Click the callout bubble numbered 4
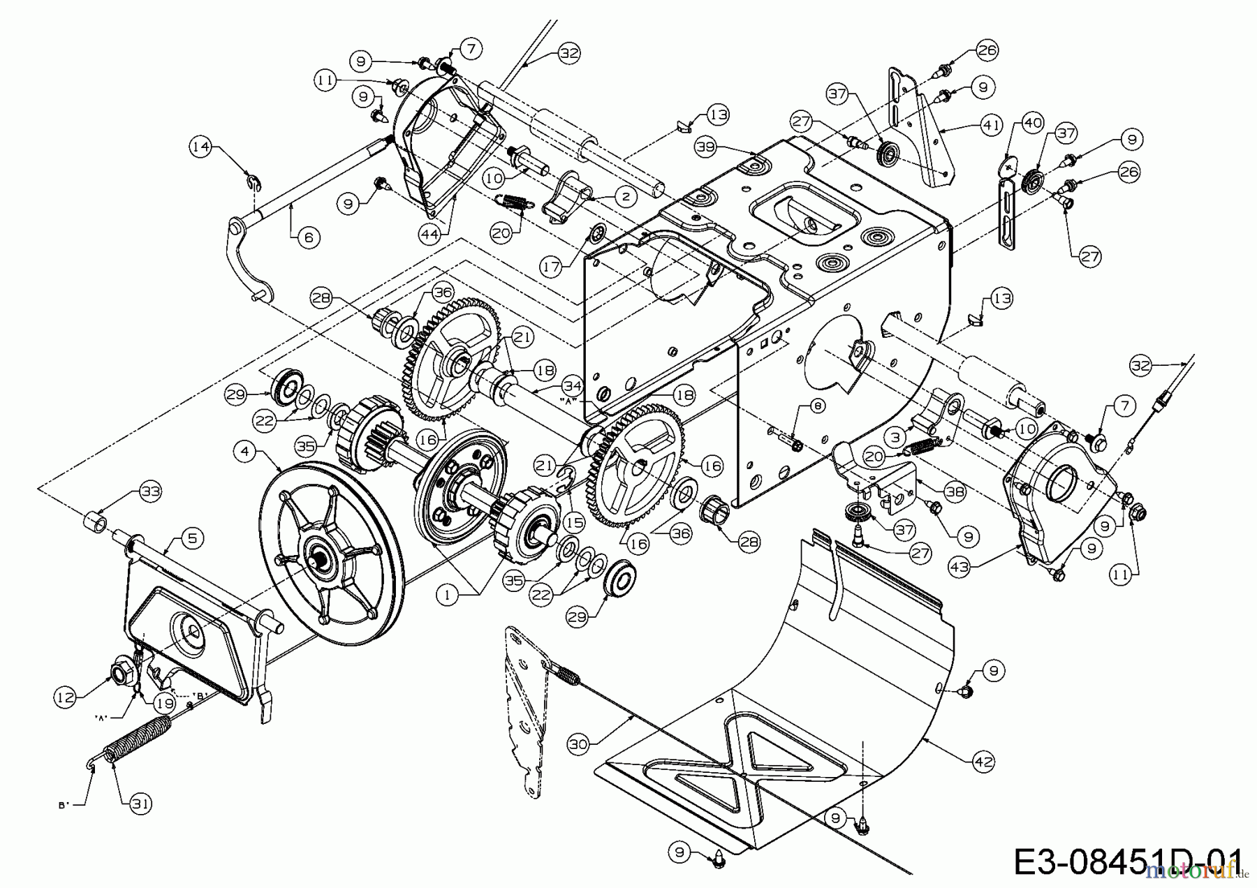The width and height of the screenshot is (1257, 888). (x=244, y=452)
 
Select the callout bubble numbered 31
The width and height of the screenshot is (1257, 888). (x=141, y=804)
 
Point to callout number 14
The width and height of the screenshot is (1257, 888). (x=201, y=147)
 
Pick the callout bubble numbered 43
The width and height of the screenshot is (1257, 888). (x=960, y=568)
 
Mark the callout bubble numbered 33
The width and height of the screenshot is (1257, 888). (x=150, y=491)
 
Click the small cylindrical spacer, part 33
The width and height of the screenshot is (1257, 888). (x=96, y=521)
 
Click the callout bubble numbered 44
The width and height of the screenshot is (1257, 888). (x=430, y=235)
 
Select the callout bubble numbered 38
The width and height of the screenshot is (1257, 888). (x=955, y=491)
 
